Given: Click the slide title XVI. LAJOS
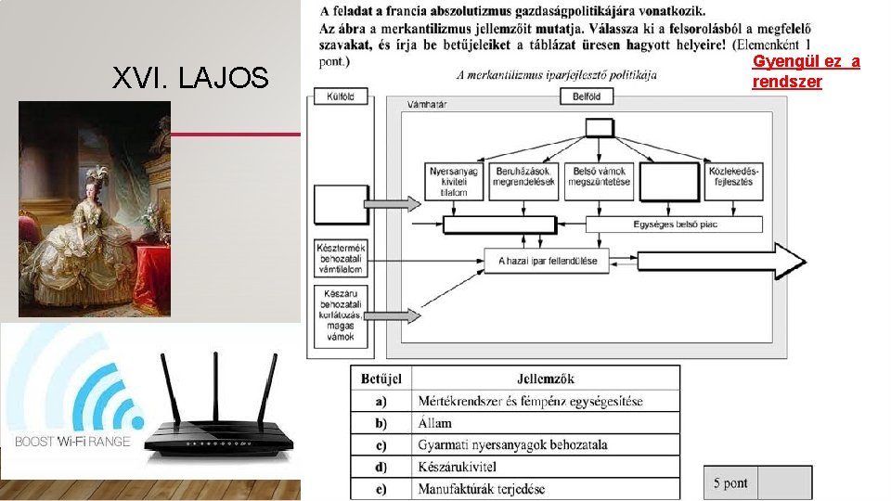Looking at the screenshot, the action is [189, 78].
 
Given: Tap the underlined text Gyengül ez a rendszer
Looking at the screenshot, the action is [806, 71].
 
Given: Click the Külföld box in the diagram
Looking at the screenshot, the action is [341, 96].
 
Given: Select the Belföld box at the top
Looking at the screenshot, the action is [587, 96].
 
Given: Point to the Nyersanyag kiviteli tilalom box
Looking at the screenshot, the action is [454, 181].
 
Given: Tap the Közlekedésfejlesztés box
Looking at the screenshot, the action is [733, 176].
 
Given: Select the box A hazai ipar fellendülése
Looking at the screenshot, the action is [548, 261].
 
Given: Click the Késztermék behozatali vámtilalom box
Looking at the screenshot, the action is [341, 259].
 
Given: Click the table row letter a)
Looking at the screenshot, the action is [381, 401].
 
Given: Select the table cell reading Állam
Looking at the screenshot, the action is [435, 423].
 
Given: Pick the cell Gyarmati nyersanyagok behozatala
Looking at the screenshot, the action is [512, 444].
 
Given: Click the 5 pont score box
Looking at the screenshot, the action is [730, 482].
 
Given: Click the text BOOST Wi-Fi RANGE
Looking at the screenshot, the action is [72, 442].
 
